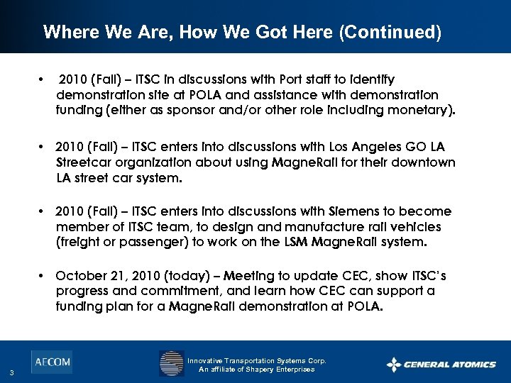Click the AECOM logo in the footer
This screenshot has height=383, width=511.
(x=51, y=362)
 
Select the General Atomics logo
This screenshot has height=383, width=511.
(x=441, y=365)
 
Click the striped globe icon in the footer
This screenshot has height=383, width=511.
(x=171, y=364)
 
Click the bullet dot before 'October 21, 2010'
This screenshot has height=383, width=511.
(x=43, y=275)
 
